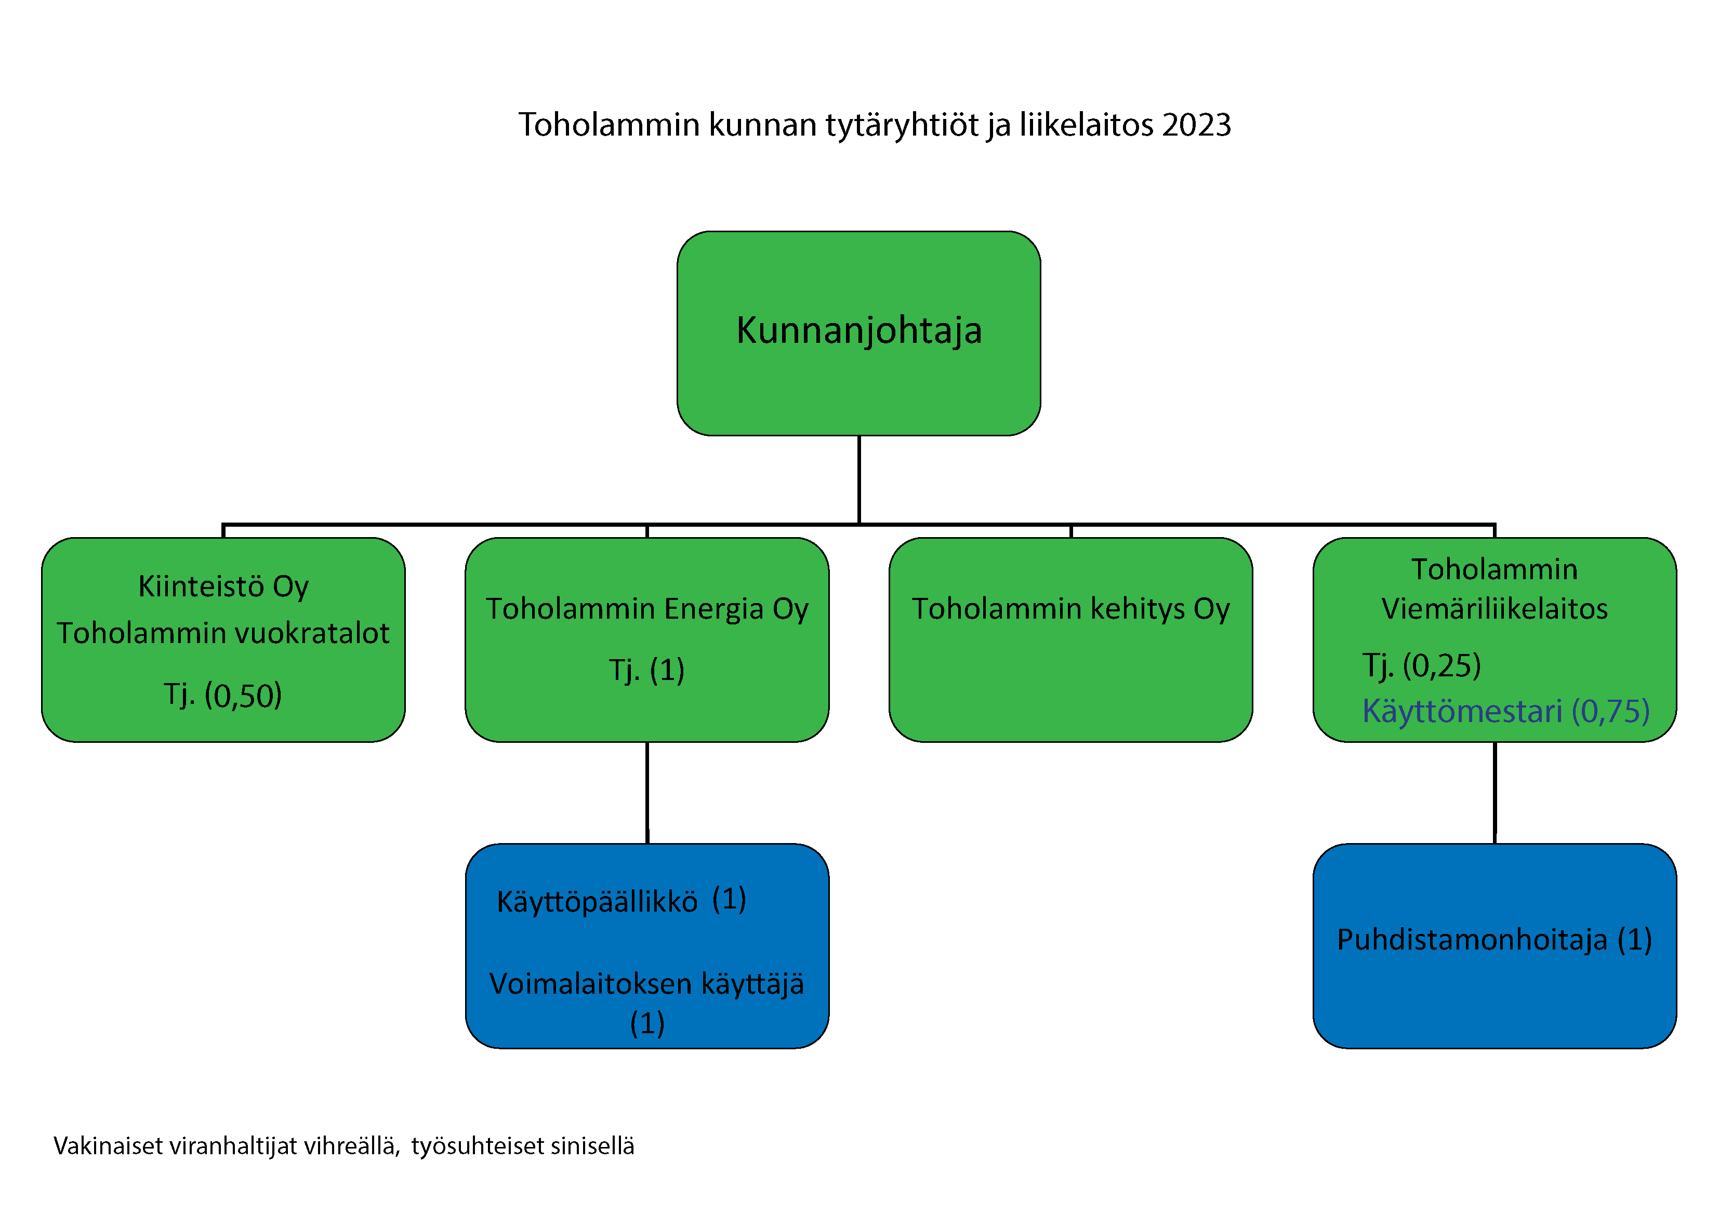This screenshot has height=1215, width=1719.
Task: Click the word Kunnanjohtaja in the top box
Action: point(859,331)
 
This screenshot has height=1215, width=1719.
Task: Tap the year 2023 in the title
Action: point(1196,124)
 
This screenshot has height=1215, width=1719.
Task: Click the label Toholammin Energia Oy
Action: point(647,609)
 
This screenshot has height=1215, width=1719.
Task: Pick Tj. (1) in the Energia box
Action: point(647,670)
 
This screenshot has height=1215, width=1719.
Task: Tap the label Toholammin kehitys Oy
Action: point(1070,609)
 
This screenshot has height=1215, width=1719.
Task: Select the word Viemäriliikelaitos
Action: point(1495,609)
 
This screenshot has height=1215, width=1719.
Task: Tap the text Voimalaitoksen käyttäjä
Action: point(647,984)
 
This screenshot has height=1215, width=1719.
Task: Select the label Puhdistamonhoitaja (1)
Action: point(1495,940)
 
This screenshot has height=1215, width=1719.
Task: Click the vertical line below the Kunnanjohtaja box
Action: point(859,480)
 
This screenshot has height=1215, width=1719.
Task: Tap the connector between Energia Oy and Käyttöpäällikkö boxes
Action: point(647,793)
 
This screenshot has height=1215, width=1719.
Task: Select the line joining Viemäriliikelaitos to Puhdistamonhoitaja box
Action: point(1495,793)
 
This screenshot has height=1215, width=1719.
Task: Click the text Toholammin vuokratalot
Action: point(223,633)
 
